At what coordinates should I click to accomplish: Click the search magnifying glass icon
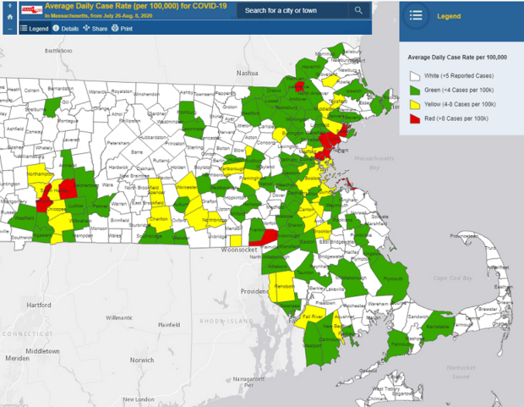pos(358,11)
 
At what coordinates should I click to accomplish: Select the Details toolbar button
pos(67,28)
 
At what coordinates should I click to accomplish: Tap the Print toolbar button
pos(123,28)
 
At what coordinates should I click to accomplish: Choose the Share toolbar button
pos(95,28)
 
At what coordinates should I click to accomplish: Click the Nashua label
pos(247,73)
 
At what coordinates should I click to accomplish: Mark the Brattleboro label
pos(60,51)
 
